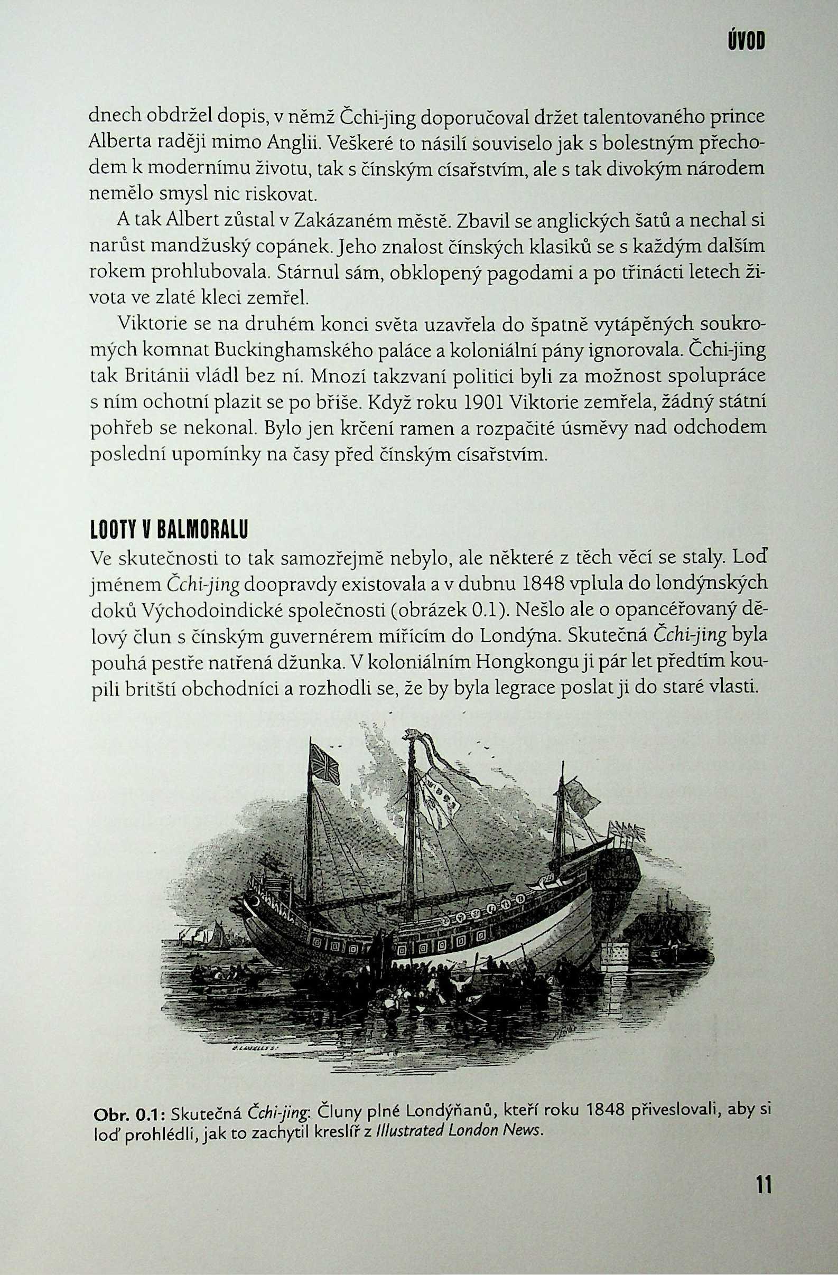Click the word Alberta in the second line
118,144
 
